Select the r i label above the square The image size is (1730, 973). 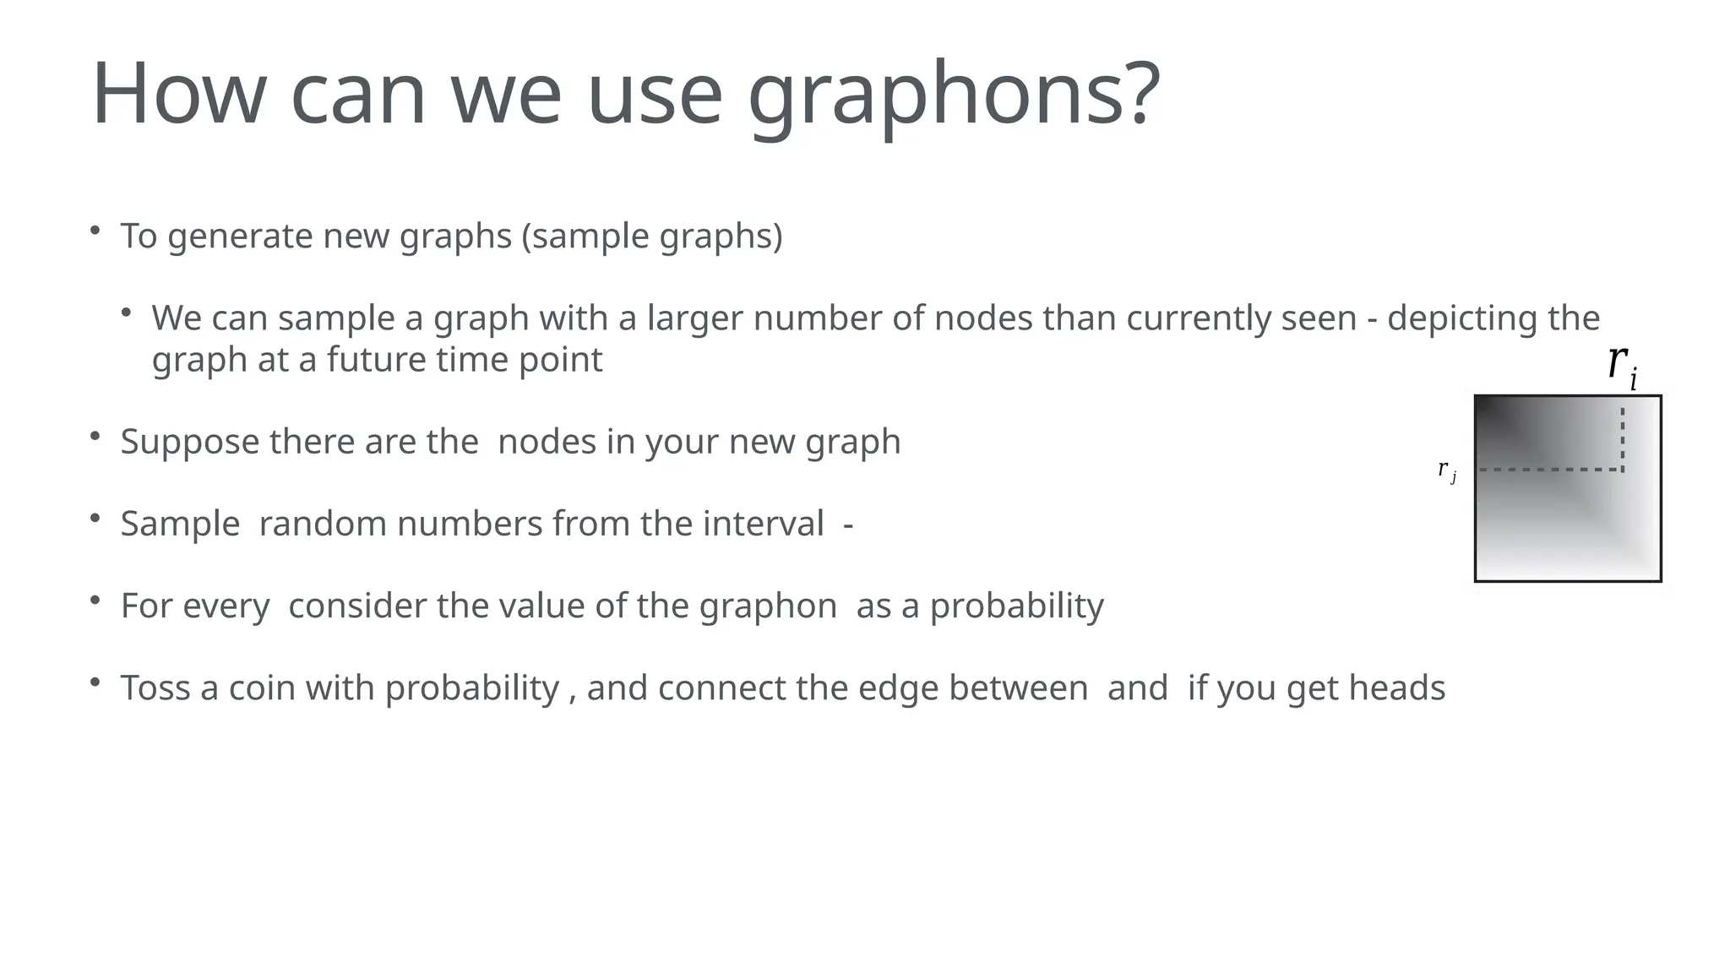(1622, 365)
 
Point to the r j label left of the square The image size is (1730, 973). (1446, 470)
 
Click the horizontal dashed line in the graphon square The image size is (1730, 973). (1550, 470)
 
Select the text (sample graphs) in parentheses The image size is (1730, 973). (652, 236)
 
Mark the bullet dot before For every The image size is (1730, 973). (95, 601)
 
